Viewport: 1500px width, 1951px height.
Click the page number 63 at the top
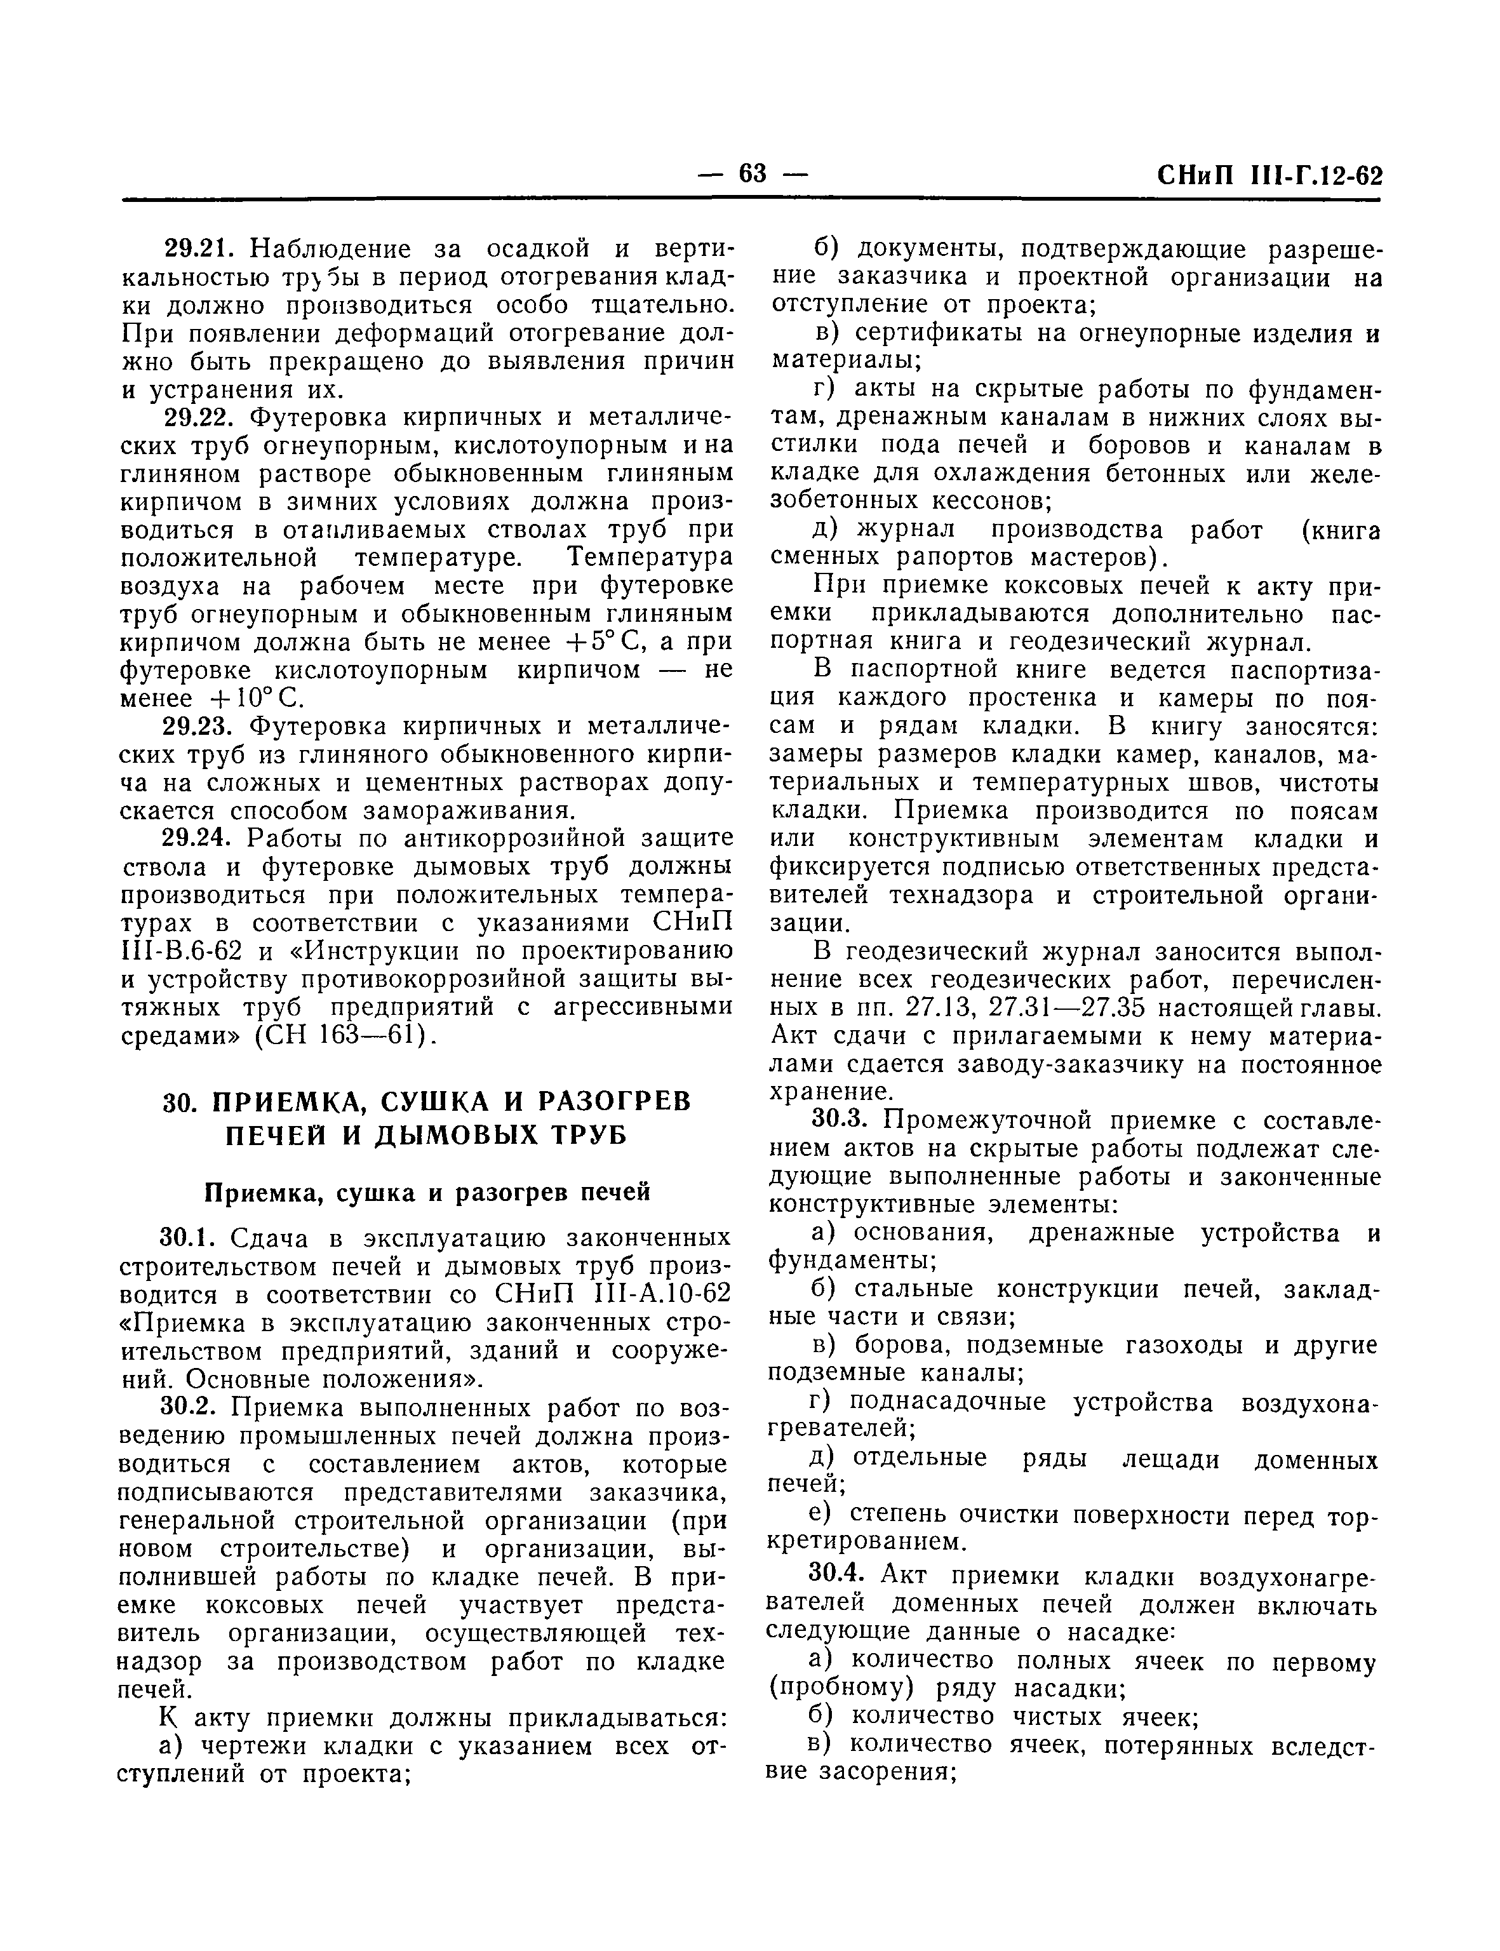(753, 172)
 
